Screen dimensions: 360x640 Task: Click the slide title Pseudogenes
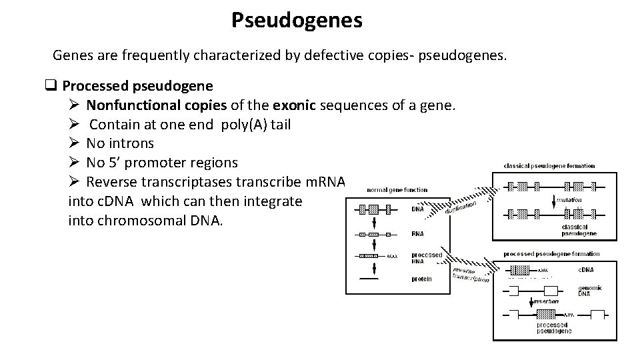(x=297, y=20)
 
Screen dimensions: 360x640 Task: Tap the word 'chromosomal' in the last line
(x=136, y=220)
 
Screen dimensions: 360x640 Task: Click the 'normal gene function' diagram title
(x=397, y=190)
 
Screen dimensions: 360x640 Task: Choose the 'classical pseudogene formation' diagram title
(x=549, y=165)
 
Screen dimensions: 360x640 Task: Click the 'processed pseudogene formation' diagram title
(x=551, y=254)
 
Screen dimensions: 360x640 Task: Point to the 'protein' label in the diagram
(x=421, y=278)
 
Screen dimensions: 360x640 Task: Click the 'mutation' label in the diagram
(x=568, y=199)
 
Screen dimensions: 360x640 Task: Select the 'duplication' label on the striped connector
(x=461, y=207)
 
